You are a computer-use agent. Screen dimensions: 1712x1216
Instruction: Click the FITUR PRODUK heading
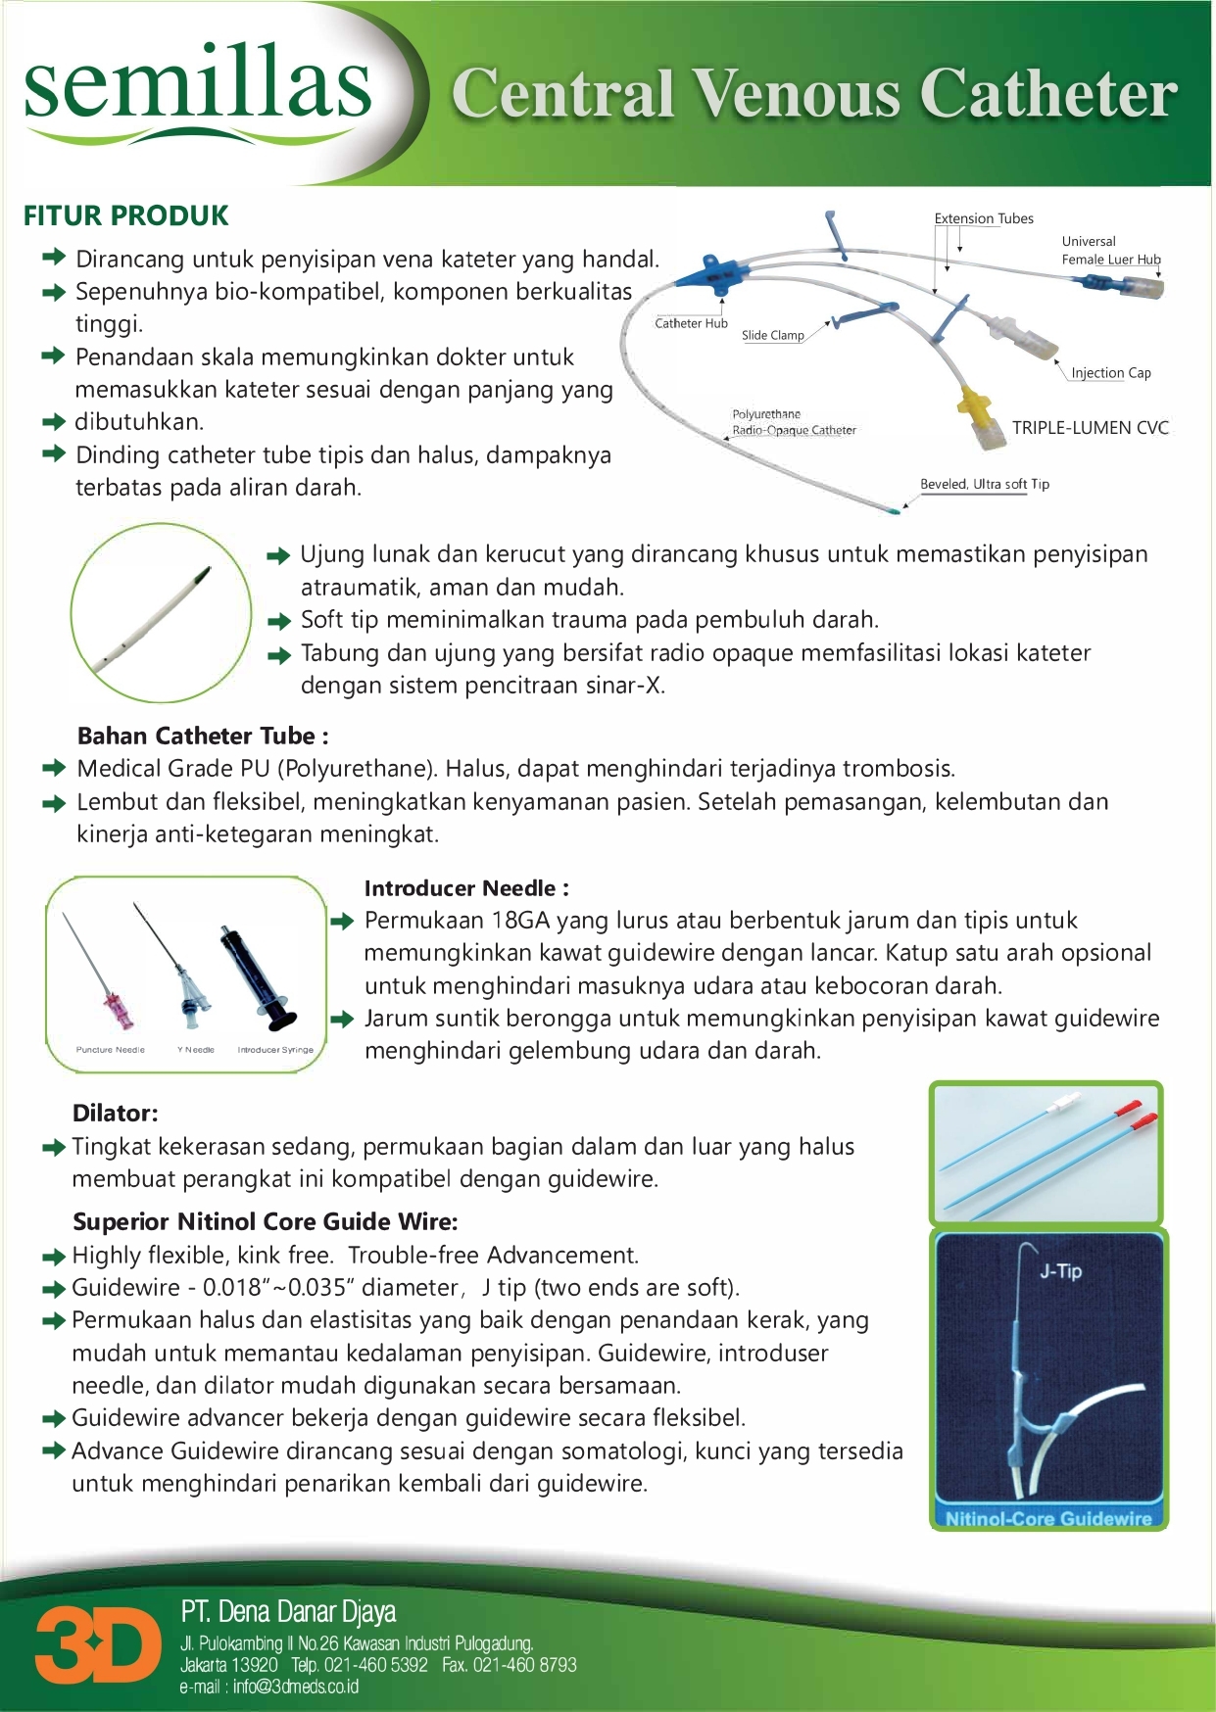[x=125, y=215]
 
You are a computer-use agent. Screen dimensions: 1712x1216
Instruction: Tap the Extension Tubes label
[x=984, y=218]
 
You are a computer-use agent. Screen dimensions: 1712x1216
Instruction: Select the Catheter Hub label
[x=691, y=323]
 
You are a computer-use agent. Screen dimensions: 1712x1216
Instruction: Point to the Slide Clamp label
[x=772, y=335]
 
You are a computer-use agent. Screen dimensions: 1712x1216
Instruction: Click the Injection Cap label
[x=1110, y=373]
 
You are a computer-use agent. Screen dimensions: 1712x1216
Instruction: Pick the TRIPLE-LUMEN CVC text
[x=1090, y=428]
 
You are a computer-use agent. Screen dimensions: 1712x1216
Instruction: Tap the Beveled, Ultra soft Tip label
[x=984, y=484]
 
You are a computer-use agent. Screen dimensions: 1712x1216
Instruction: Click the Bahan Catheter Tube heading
[x=203, y=736]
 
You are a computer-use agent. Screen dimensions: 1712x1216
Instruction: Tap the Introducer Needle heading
[x=466, y=888]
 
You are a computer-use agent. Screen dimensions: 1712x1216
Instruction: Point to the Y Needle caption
[x=196, y=1049]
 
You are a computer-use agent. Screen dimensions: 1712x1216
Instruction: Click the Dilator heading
[x=115, y=1113]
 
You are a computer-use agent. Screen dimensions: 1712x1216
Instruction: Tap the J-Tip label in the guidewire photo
[x=1060, y=1271]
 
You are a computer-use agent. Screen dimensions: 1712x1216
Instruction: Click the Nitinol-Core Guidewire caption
[x=1047, y=1518]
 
